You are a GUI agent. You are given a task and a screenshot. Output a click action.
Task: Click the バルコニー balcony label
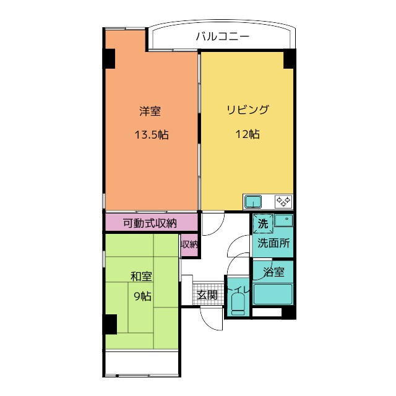point(223,37)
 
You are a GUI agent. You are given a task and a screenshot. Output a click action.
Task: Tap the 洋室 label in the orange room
point(150,111)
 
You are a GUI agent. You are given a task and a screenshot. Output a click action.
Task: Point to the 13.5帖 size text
point(152,135)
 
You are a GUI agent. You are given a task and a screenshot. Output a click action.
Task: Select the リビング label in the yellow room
point(247,110)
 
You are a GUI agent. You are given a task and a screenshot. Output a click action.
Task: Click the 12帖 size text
point(247,134)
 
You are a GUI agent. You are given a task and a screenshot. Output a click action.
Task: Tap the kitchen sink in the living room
point(253,202)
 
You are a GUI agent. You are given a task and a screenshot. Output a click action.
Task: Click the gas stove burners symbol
point(283,202)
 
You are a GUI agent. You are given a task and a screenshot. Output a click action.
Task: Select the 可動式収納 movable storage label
point(150,223)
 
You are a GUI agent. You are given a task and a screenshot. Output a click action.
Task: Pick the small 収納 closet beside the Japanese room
point(189,244)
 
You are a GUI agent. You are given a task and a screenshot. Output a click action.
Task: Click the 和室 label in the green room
point(141,277)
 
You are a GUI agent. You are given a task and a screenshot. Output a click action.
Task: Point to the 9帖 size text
point(143,296)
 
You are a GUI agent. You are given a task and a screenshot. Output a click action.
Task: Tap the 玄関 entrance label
point(207,295)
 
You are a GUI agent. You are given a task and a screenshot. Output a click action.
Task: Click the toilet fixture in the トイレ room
point(238,304)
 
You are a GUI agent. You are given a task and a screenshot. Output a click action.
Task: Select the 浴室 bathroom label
point(273,272)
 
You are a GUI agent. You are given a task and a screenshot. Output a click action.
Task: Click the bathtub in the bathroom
point(273,294)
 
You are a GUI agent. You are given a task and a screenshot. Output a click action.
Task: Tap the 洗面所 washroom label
point(273,243)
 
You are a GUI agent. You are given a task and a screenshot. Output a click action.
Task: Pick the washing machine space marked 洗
point(263,223)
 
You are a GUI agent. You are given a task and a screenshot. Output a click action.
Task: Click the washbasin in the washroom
point(284,220)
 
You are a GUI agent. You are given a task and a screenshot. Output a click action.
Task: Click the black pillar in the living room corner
point(289,59)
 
